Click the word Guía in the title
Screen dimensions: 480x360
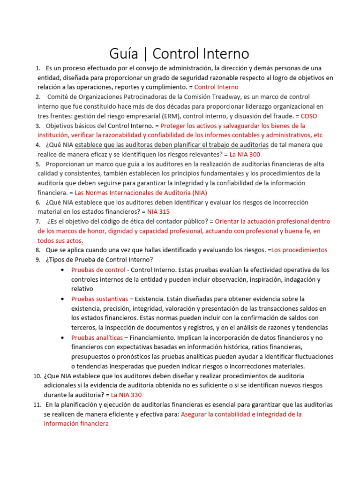tap(123, 53)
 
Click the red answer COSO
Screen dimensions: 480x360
tap(308, 116)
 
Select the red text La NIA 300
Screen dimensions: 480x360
tap(245, 154)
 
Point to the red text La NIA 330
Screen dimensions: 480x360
tap(126, 395)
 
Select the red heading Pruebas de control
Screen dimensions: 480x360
tap(98, 270)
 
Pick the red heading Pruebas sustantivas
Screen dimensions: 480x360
tap(99, 299)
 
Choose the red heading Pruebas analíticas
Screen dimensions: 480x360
tap(97, 337)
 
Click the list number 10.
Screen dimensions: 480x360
tap(37, 376)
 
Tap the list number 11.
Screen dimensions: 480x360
tap(37, 405)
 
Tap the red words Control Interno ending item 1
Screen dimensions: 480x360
tap(216, 87)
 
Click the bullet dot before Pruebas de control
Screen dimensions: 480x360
tap(63, 270)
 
